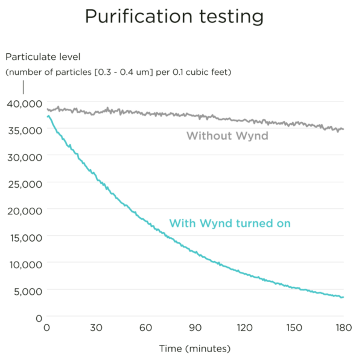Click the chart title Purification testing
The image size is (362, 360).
[174, 16]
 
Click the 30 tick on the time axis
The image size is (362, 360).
[97, 328]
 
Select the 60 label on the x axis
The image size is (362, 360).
[145, 328]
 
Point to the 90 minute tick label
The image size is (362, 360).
[195, 328]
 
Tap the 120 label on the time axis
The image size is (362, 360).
[244, 328]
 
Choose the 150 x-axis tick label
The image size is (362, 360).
[294, 328]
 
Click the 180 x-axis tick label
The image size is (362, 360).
[343, 328]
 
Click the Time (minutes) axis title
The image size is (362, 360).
[194, 349]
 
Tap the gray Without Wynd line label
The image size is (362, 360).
[227, 136]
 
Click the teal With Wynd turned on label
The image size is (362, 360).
[230, 223]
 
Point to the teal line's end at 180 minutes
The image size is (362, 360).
[343, 297]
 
